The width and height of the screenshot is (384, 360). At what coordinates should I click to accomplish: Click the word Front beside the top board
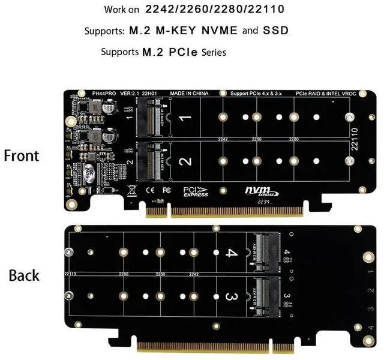[22, 155]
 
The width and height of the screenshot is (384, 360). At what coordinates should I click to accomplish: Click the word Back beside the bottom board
[24, 275]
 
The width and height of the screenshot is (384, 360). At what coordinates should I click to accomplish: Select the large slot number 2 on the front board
[186, 161]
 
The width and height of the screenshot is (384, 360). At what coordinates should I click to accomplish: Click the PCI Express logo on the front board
[196, 191]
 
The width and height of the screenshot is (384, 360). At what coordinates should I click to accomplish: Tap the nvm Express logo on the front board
[260, 191]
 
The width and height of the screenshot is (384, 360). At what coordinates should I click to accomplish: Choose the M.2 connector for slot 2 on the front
[151, 160]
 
